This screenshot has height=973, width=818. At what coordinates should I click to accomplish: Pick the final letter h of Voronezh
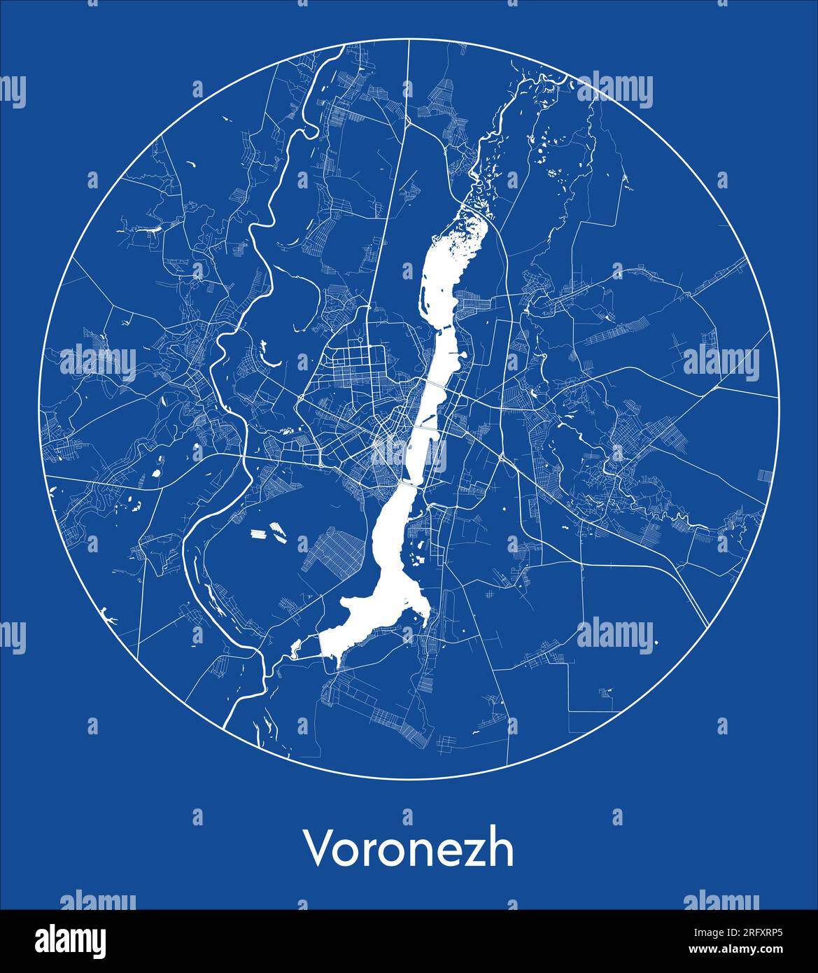coord(502,848)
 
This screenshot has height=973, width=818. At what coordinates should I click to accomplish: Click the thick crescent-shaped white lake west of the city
coord(268,356)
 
